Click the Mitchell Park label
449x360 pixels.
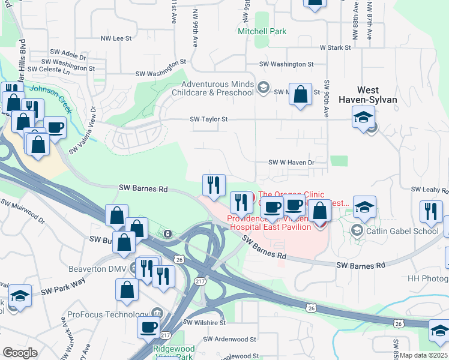pyautogui.click(x=262, y=31)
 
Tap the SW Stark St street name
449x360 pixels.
pyautogui.click(x=335, y=47)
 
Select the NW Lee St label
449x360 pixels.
pyautogui.click(x=116, y=38)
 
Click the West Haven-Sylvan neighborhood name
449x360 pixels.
pyautogui.click(x=368, y=95)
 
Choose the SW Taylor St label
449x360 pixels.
pyautogui.click(x=209, y=119)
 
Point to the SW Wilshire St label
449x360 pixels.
pyautogui.click(x=203, y=323)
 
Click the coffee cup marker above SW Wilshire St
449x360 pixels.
pyautogui.click(x=149, y=327)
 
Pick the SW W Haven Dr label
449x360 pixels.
pyautogui.click(x=291, y=163)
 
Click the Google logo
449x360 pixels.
pyautogui.click(x=20, y=353)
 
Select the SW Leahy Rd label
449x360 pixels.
pyautogui.click(x=429, y=190)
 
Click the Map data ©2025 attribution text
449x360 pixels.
pyautogui.click(x=424, y=355)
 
